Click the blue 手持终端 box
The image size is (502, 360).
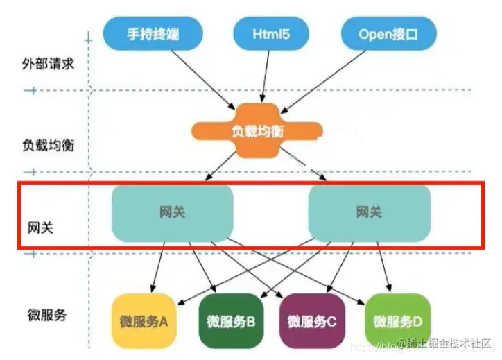(153, 33)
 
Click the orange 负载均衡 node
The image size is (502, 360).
(257, 130)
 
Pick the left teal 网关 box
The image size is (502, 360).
(173, 212)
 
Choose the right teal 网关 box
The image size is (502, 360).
(369, 212)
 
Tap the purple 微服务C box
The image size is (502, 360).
(312, 321)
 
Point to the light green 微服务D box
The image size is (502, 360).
(397, 321)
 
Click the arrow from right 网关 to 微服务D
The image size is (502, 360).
(389, 267)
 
